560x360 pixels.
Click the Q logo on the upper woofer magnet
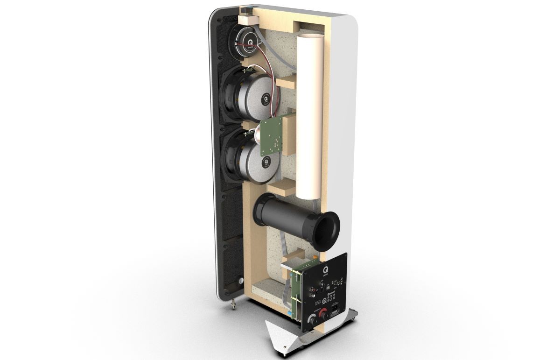[266, 99]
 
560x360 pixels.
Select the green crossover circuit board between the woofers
[272, 135]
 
